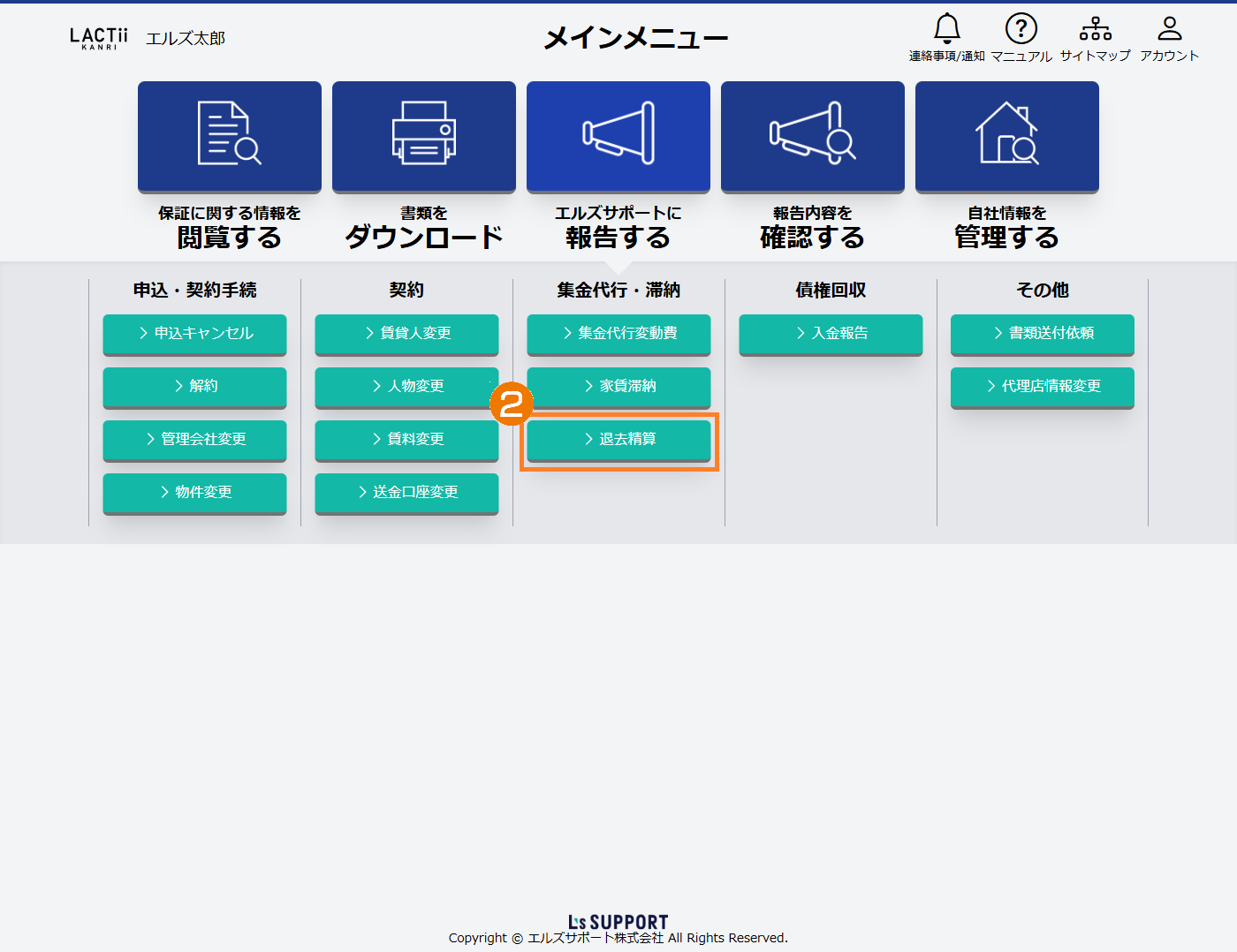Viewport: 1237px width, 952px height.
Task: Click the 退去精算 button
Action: [x=618, y=439]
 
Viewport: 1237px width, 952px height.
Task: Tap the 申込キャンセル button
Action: [x=194, y=333]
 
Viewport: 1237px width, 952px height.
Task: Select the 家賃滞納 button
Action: [x=618, y=386]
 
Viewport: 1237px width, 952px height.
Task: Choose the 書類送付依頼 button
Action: [x=1043, y=333]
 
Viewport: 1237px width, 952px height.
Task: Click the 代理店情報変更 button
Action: [x=1043, y=386]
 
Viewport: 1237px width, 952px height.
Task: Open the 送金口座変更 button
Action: [x=406, y=492]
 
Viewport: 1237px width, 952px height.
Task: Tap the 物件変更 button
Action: [x=194, y=492]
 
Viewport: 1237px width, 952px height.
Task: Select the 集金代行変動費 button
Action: [x=618, y=333]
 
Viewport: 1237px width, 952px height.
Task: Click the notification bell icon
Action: [x=947, y=29]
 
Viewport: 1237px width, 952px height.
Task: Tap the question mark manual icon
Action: [x=1021, y=29]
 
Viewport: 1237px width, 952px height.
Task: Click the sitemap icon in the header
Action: [x=1096, y=29]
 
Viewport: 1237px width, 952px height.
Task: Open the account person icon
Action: [x=1170, y=29]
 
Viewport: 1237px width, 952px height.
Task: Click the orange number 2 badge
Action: [x=512, y=404]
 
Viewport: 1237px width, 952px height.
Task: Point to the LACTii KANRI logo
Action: [x=99, y=38]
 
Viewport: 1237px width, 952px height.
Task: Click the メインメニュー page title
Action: [x=636, y=38]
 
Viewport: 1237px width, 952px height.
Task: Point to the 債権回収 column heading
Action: [x=831, y=290]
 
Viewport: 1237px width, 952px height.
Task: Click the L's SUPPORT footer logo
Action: [x=618, y=922]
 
